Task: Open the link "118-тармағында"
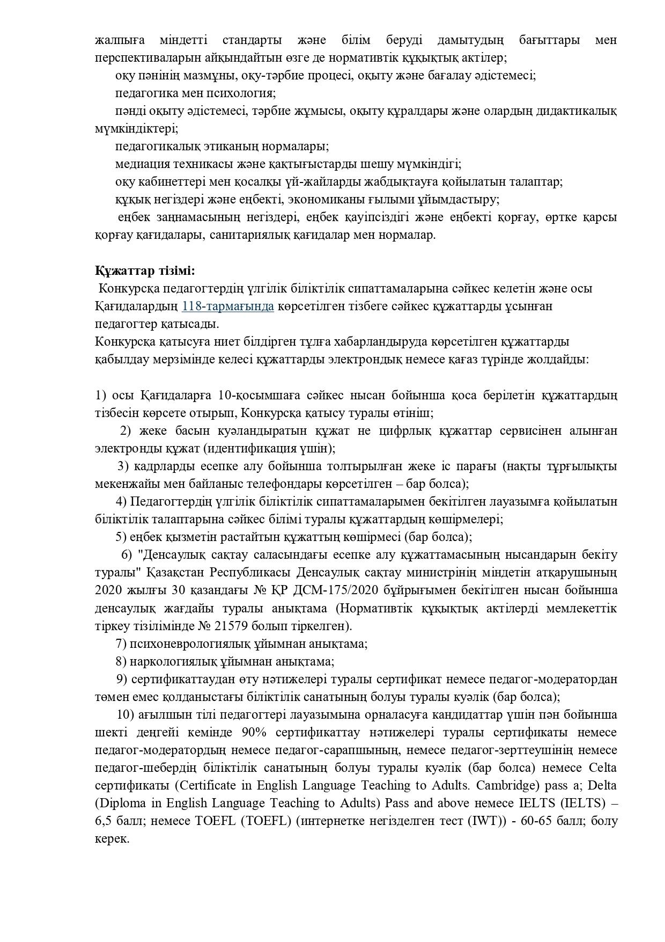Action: coord(228,306)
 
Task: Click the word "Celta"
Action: coord(603,768)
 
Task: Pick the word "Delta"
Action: coord(602,785)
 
